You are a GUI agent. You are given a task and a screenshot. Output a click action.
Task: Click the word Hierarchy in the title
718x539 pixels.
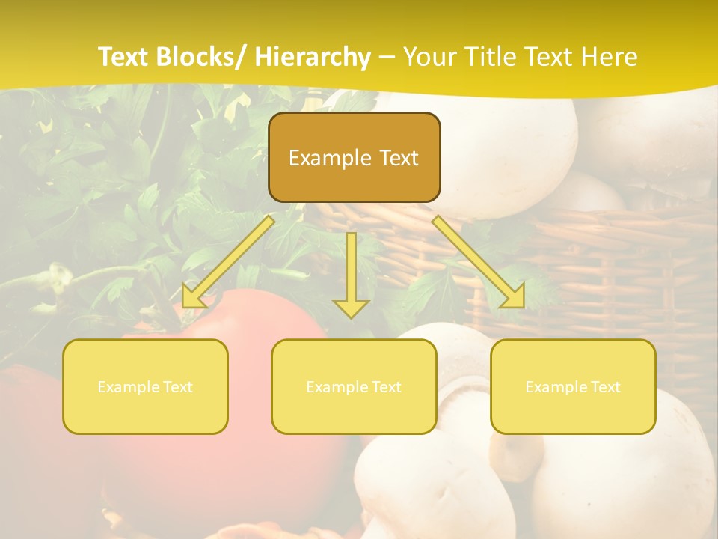pyautogui.click(x=313, y=57)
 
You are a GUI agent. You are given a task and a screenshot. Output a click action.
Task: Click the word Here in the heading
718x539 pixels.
pyautogui.click(x=610, y=57)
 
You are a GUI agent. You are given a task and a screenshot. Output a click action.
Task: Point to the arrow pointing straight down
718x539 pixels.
pyautogui.click(x=351, y=273)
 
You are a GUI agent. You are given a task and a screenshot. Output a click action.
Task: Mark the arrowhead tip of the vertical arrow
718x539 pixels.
pyautogui.click(x=351, y=317)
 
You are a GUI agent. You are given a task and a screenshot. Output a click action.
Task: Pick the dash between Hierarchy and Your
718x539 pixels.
pyautogui.click(x=387, y=58)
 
